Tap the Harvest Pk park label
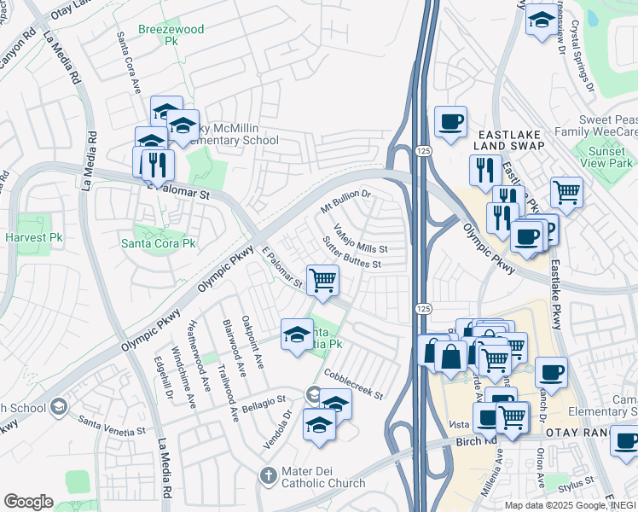click(34, 236)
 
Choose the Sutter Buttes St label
click(351, 254)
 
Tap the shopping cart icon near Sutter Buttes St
click(322, 280)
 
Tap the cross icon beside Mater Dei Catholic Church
click(267, 474)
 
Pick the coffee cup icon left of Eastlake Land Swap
click(449, 121)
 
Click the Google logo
click(28, 501)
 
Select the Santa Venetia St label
click(112, 422)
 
